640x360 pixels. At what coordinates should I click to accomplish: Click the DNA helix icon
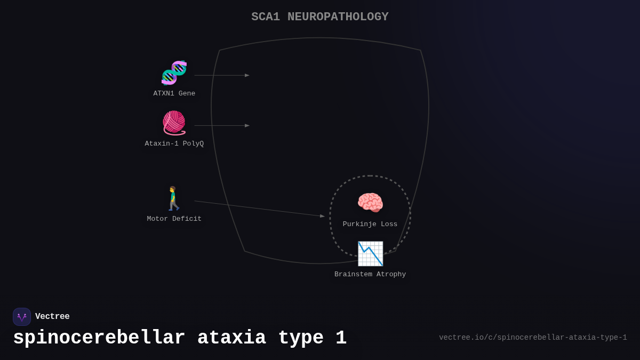[174, 73]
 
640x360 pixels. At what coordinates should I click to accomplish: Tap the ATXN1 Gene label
[174, 94]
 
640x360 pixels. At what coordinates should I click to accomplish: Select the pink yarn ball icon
[174, 123]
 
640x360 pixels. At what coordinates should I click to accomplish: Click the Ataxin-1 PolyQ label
[174, 144]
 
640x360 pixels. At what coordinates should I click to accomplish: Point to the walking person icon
[174, 198]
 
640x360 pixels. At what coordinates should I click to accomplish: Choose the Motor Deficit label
[174, 219]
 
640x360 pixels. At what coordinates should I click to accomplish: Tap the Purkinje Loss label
[370, 225]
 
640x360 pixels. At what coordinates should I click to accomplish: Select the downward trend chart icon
[370, 253]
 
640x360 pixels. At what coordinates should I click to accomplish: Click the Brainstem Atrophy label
[370, 275]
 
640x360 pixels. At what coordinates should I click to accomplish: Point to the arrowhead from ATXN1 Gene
[247, 75]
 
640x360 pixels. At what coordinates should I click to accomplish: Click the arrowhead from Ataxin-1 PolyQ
[247, 126]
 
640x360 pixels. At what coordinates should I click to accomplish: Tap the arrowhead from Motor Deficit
[322, 216]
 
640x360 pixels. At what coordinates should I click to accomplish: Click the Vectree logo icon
[22, 317]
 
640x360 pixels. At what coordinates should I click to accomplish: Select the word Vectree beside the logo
[52, 317]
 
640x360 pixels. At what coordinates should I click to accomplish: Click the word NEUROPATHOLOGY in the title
[338, 17]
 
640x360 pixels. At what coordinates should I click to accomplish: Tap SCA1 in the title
[266, 17]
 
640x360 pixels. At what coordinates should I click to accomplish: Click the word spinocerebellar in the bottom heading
[99, 338]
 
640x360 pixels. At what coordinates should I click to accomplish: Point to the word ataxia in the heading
[231, 338]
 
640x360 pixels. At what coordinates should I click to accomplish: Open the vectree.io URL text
[533, 338]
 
